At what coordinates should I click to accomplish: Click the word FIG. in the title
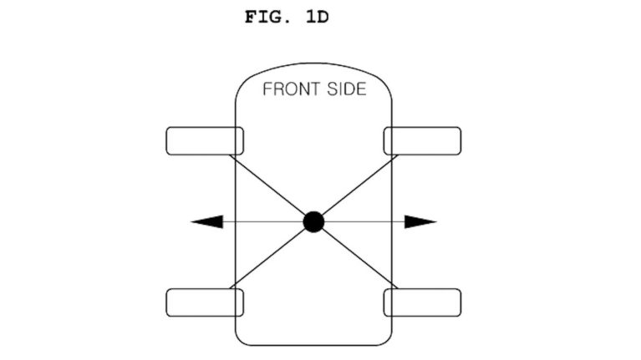267,18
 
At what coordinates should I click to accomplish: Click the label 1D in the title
318,18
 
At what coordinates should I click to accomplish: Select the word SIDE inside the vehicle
347,89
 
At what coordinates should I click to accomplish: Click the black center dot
313,222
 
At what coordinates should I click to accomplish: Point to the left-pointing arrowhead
207,222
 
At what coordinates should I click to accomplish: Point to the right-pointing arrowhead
420,222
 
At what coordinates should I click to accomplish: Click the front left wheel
205,141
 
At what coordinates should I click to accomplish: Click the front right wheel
422,141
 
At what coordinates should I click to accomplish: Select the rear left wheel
205,302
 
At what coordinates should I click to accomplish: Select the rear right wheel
422,302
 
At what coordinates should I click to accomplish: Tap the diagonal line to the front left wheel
267,185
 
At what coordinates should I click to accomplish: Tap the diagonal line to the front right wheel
359,185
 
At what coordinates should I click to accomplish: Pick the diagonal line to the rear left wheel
267,258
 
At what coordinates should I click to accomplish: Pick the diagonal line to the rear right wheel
359,258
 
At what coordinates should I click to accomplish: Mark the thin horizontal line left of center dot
263,222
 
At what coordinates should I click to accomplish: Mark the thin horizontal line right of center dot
364,222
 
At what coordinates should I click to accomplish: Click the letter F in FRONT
267,89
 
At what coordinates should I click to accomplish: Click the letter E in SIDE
361,89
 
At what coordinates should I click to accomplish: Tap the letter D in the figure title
323,18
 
